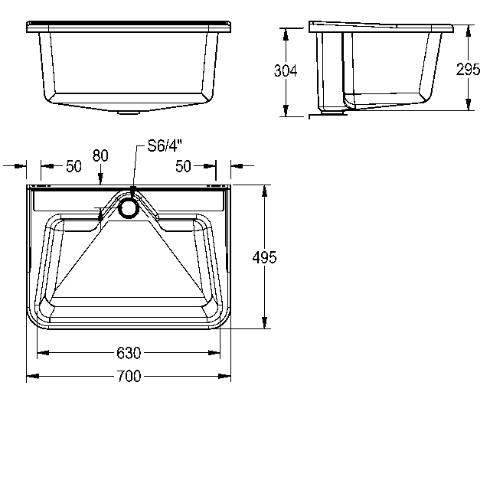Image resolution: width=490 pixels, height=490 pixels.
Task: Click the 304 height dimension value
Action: pos(286,70)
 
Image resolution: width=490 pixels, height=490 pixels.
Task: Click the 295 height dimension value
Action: pos(468,70)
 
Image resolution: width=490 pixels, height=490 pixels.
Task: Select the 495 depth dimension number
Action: pos(264,257)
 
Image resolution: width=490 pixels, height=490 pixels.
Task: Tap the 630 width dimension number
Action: pos(129,353)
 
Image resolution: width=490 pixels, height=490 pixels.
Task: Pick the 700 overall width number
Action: pos(129,376)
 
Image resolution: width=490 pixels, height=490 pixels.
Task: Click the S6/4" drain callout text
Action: pos(165,145)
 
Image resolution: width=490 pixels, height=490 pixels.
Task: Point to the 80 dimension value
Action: pos(100,155)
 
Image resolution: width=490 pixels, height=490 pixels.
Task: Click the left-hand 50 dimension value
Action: pos(73,166)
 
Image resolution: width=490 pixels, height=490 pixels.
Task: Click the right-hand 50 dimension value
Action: pos(183,166)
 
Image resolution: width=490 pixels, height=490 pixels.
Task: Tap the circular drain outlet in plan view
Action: pos(128,207)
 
